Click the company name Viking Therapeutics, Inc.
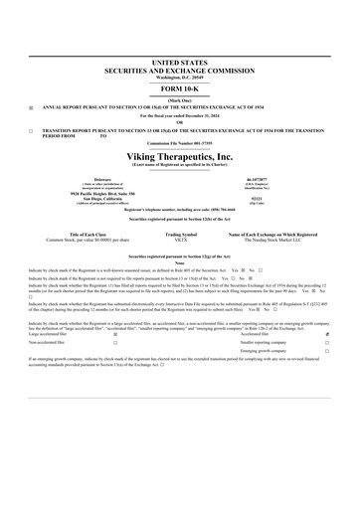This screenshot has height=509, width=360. [x=180, y=157]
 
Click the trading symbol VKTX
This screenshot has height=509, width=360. [x=180, y=240]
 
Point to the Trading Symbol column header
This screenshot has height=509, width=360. [x=180, y=234]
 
